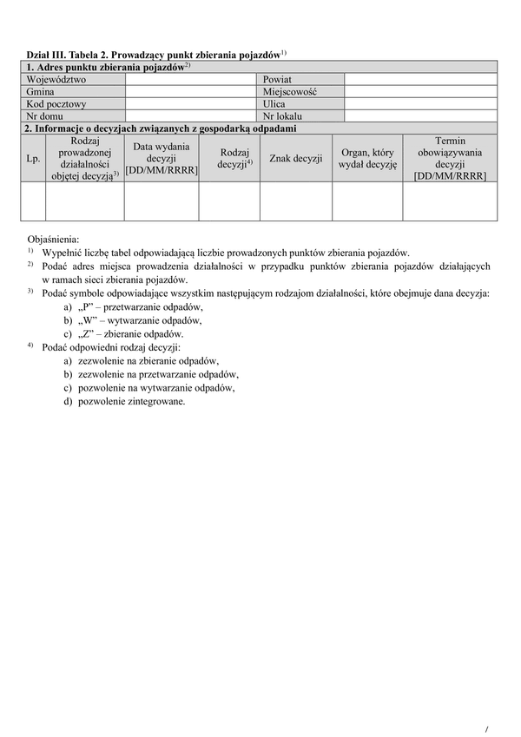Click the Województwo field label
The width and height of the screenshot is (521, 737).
tap(56, 79)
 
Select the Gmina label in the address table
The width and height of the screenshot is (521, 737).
tap(41, 90)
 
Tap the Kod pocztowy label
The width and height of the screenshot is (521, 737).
tap(56, 102)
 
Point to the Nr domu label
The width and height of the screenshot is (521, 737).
tap(46, 115)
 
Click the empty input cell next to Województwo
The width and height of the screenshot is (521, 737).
tap(192, 79)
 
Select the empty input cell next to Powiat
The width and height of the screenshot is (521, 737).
tap(420, 79)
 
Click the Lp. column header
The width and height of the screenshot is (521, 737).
tap(33, 158)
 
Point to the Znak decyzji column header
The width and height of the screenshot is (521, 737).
tap(296, 158)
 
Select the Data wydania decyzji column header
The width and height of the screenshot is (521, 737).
tap(162, 158)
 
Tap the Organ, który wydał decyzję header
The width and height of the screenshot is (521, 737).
tap(367, 158)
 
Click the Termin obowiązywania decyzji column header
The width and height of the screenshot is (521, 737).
tap(450, 158)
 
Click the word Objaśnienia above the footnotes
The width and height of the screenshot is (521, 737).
tap(54, 237)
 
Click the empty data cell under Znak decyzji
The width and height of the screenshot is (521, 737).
tap(296, 201)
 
